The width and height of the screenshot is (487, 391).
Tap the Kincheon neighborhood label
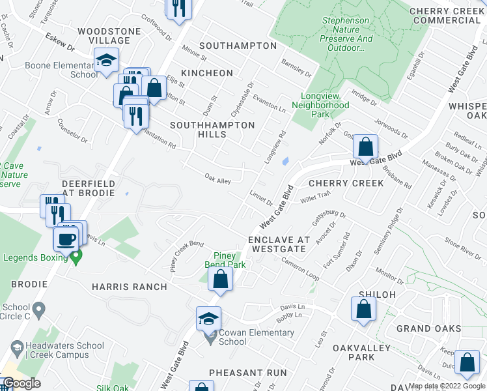207,72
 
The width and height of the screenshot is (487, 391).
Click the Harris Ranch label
130,287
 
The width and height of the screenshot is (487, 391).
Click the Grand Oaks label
429,329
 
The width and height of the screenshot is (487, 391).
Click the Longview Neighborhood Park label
320,100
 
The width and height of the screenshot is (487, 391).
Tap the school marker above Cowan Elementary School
208,319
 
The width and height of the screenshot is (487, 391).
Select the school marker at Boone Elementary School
105,62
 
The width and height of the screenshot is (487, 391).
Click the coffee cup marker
66,239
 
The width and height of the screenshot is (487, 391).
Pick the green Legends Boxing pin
76,258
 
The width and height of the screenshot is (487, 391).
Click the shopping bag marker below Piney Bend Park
221,281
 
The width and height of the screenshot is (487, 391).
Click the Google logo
22,384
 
